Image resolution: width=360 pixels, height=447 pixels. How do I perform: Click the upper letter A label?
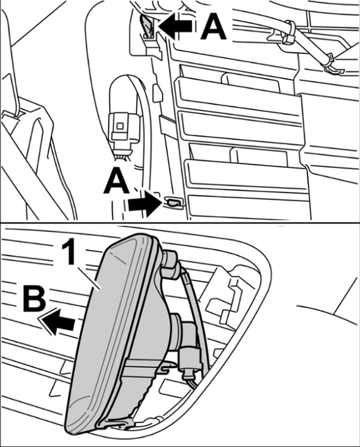coord(213,26)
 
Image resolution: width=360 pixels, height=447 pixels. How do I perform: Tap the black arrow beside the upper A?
coord(175,26)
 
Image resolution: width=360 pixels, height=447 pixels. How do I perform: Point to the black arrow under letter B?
coord(57,321)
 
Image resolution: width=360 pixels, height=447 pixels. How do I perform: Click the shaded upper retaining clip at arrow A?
coord(148,26)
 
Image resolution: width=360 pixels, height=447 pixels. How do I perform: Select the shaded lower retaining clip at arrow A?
coord(172,202)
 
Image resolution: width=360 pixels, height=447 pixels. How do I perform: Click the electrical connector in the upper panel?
coord(123,127)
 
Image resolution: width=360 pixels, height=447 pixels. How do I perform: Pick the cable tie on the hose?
coord(288,34)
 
